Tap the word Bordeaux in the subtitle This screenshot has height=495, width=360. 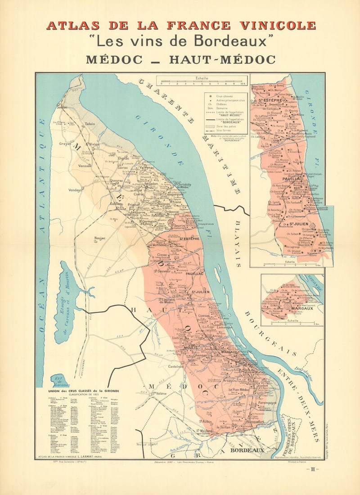(231, 41)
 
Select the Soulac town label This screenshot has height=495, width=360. (62, 108)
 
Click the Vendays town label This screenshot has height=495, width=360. (75, 190)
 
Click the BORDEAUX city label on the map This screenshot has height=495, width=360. (247, 450)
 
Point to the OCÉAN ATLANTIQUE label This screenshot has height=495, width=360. (42, 225)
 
